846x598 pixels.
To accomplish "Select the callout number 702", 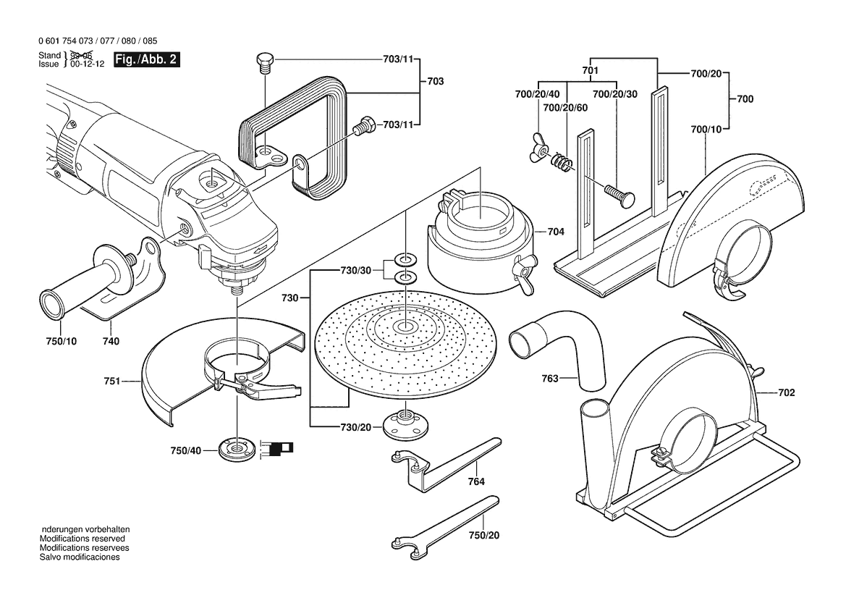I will coord(787,393).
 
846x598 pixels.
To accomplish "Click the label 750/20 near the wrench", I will coord(484,535).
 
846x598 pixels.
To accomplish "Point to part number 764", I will coord(476,481).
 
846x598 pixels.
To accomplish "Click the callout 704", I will coord(556,232).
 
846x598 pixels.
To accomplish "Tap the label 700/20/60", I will coord(565,107).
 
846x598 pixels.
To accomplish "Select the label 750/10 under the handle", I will coord(61,341).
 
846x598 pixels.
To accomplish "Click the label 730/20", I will coord(355,428).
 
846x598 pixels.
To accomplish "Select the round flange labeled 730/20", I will coord(400,426).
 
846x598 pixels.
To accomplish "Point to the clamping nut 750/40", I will coord(237,450).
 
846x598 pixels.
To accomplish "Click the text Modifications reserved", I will coord(82,539).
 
